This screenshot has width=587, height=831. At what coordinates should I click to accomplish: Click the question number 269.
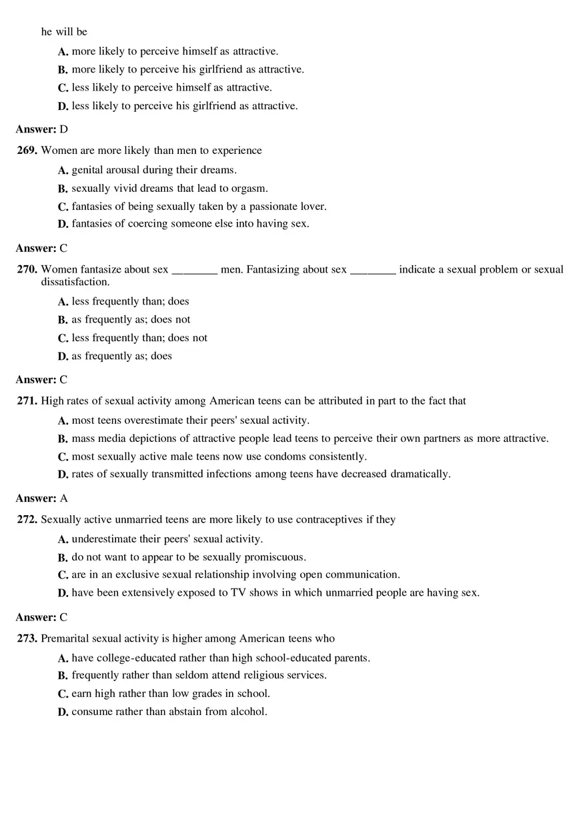click(x=27, y=151)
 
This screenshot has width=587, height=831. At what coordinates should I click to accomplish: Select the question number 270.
click(x=27, y=270)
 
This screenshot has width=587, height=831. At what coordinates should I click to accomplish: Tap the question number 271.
click(x=27, y=401)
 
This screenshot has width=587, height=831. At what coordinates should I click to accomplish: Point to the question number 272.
click(x=27, y=520)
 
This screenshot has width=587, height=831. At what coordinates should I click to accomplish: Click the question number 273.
click(x=27, y=638)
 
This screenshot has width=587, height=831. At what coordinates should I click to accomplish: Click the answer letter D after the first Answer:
click(x=64, y=129)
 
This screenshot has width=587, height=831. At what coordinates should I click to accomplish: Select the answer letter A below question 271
click(x=64, y=498)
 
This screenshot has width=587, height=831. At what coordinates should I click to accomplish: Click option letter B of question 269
click(x=63, y=189)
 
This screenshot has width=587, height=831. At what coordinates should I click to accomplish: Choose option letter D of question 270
click(x=63, y=357)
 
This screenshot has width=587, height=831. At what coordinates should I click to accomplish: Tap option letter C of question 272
click(x=63, y=575)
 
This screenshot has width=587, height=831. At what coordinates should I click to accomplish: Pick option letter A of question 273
click(x=63, y=658)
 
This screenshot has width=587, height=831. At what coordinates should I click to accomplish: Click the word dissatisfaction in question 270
click(x=75, y=282)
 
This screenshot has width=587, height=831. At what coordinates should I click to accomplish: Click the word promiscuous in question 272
click(x=275, y=557)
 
